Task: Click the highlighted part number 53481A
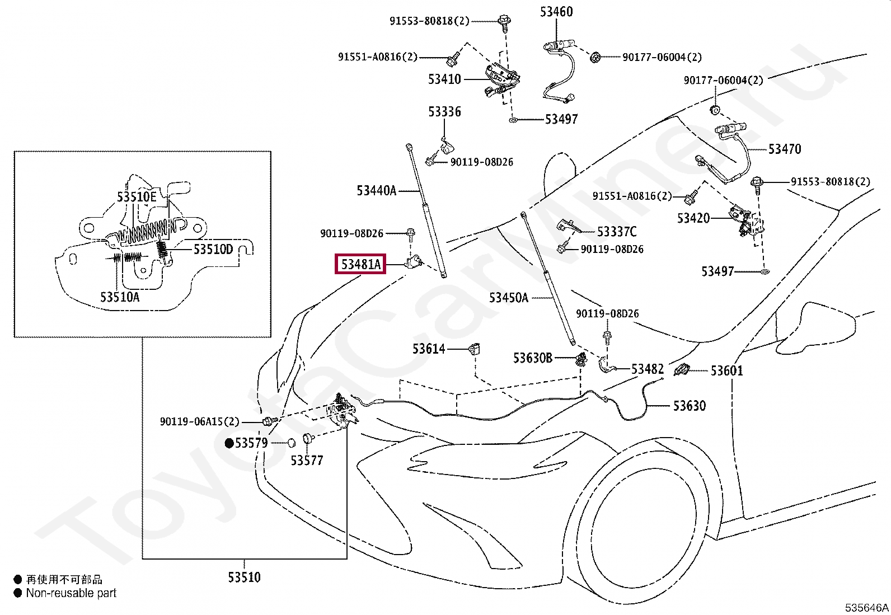(x=361, y=264)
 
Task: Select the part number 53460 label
(x=556, y=12)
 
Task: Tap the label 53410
(x=444, y=79)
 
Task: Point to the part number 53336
(x=444, y=112)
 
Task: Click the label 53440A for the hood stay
(x=376, y=191)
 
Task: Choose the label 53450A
(x=508, y=298)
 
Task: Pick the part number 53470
(x=785, y=149)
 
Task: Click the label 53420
(x=693, y=218)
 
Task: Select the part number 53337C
(x=617, y=232)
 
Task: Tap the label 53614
(x=428, y=349)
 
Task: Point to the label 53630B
(x=533, y=358)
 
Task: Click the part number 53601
(x=726, y=371)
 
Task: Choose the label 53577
(x=307, y=461)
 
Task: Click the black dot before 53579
(x=229, y=443)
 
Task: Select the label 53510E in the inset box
(x=137, y=196)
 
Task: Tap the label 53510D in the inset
(x=213, y=250)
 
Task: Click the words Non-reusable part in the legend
(x=71, y=593)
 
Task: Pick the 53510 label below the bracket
(x=244, y=577)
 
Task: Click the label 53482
(x=648, y=369)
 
